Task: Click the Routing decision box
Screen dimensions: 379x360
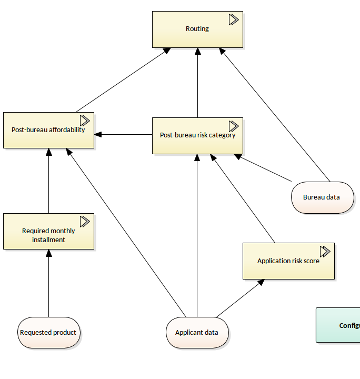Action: pyautogui.click(x=197, y=29)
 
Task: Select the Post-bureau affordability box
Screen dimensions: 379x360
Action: pyautogui.click(x=48, y=130)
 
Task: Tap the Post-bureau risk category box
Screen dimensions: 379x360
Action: pyautogui.click(x=197, y=135)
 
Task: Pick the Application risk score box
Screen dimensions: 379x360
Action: pyautogui.click(x=288, y=261)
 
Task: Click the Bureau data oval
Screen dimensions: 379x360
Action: pyautogui.click(x=322, y=197)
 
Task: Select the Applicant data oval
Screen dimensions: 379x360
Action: pyautogui.click(x=197, y=333)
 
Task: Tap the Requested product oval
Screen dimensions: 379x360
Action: pyautogui.click(x=48, y=333)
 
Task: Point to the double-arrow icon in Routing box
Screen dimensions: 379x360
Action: pyautogui.click(x=234, y=19)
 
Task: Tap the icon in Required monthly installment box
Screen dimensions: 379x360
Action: pyautogui.click(x=85, y=221)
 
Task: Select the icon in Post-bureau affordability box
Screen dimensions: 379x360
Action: pyautogui.click(x=85, y=120)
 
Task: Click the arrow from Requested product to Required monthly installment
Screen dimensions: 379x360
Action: pyautogui.click(x=48, y=284)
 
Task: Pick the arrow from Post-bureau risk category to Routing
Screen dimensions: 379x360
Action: pyautogui.click(x=197, y=84)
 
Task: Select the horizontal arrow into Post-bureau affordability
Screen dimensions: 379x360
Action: pyautogui.click(x=124, y=135)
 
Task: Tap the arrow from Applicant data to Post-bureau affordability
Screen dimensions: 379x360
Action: pyautogui.click(x=126, y=232)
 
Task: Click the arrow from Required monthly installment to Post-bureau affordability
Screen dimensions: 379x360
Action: pyautogui.click(x=48, y=182)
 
